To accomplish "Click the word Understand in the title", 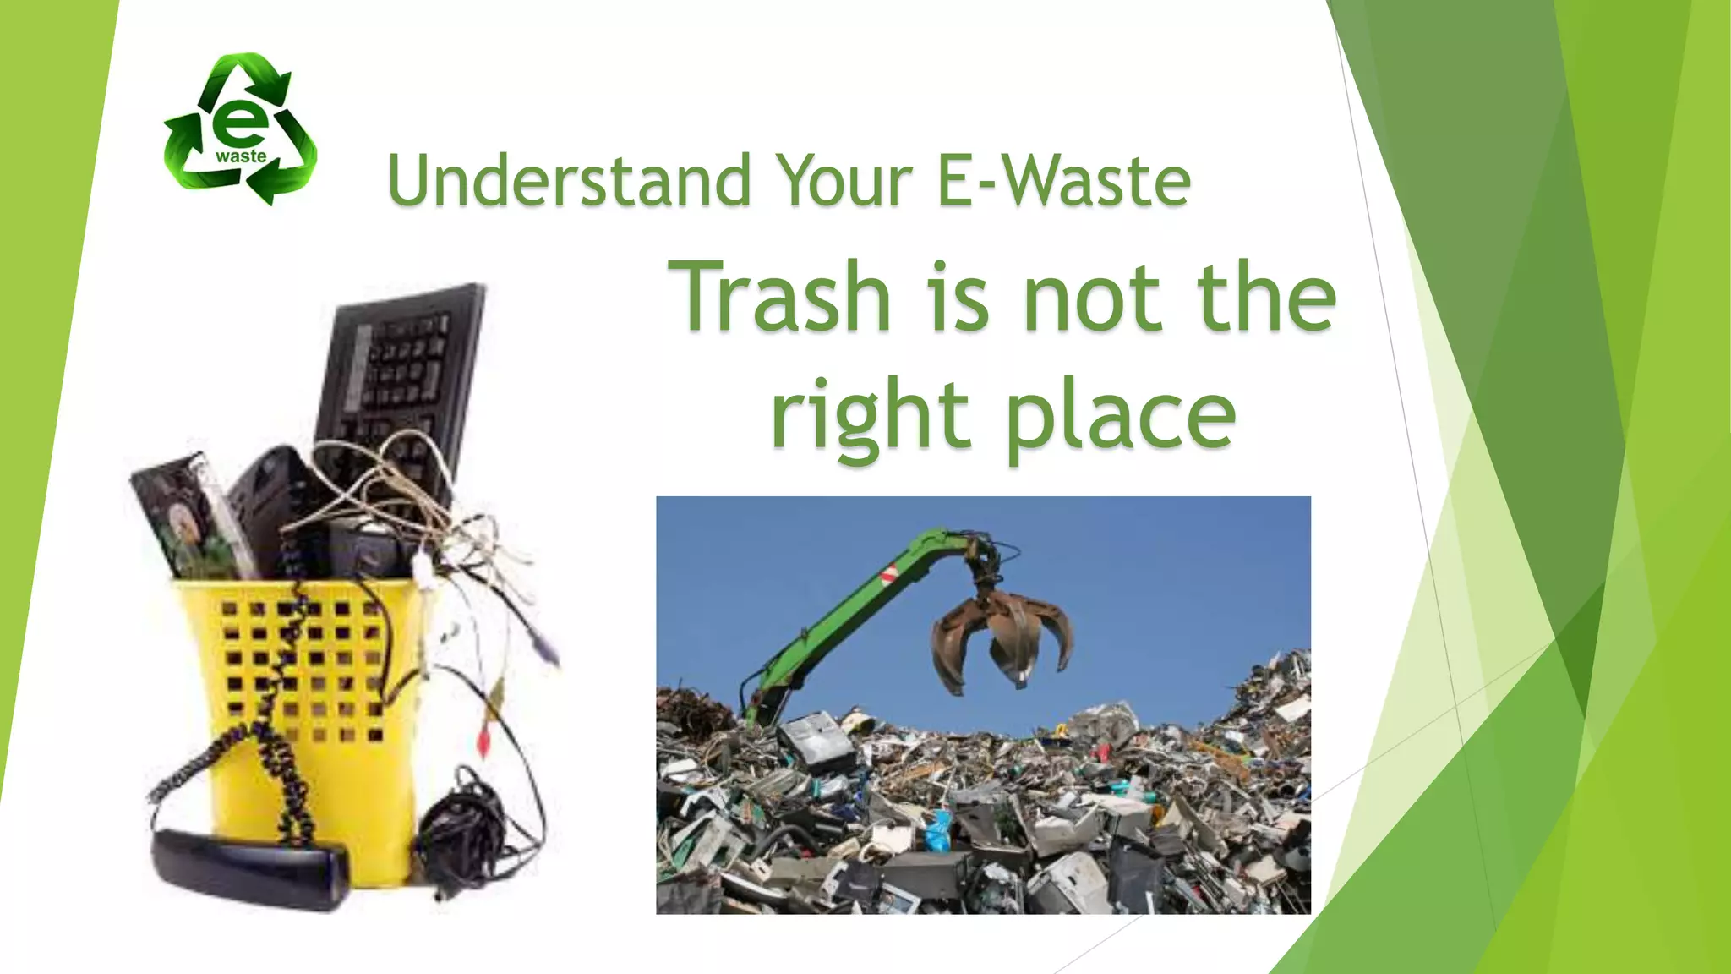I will point(569,181).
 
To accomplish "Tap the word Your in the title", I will point(844,181).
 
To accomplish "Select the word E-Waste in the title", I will point(1064,181).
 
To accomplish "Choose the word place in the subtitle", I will point(1121,416).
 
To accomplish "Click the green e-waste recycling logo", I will point(241,129).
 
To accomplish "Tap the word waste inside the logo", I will point(241,156).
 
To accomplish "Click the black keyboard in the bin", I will point(397,380).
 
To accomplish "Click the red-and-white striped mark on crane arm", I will point(889,576).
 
